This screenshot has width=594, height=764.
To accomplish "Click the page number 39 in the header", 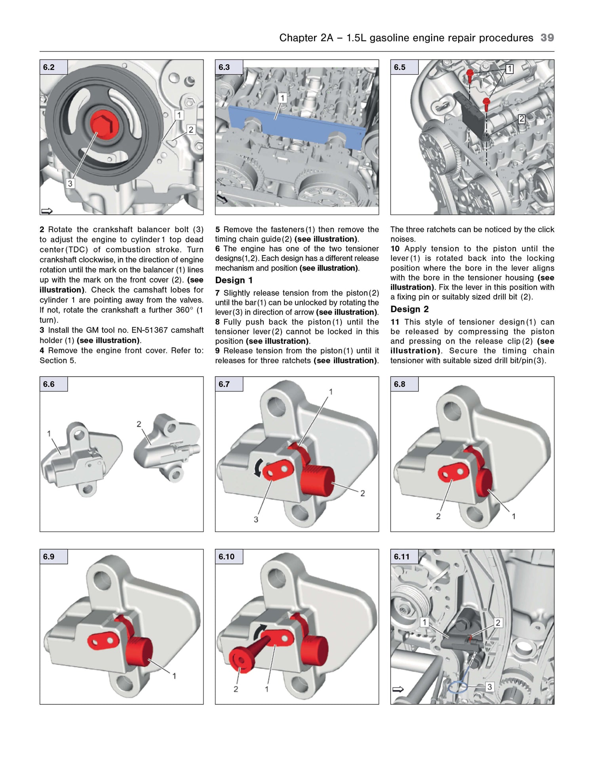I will tap(547, 38).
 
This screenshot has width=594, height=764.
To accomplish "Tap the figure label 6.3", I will tap(225, 67).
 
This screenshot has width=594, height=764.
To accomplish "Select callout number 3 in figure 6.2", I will tap(70, 183).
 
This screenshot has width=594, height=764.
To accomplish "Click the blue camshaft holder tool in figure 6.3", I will tap(297, 127).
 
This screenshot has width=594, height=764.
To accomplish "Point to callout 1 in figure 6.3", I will tap(282, 98).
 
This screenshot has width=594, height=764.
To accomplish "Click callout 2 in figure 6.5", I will tap(522, 119).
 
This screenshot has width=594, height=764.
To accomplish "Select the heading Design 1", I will tap(234, 280).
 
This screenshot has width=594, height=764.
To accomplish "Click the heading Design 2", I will tap(409, 309).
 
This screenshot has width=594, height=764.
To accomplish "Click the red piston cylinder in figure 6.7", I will tap(318, 480).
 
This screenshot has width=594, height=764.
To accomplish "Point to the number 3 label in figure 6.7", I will tap(256, 519).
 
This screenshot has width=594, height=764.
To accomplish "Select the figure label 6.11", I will tap(402, 556).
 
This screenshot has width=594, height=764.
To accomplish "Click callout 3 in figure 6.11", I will tap(489, 687).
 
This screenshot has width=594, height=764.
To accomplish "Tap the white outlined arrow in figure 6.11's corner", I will tap(398, 690).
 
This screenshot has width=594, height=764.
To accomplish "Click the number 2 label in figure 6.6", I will tap(139, 424).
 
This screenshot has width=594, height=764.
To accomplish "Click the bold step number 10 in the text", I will tap(395, 249).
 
